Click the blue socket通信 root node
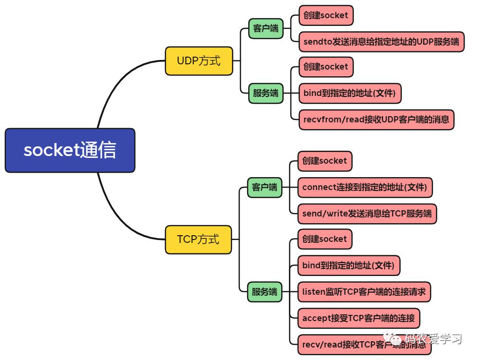[70, 150]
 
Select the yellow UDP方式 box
[199, 61]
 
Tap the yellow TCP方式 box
[198, 240]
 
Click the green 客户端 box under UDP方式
[265, 28]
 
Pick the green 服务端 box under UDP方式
[265, 93]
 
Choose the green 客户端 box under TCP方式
[264, 187]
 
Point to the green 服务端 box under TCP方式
[264, 292]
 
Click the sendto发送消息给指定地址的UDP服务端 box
[382, 41]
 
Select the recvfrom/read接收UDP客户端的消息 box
[376, 120]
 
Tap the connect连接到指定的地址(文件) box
[365, 187]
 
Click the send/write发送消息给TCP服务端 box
[367, 214]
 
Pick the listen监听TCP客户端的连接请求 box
[364, 292]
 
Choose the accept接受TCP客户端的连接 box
[358, 318]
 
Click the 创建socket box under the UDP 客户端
[326, 15]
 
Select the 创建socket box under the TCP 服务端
[324, 239]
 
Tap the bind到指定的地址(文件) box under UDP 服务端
[350, 93]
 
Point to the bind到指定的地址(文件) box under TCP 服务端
[348, 265]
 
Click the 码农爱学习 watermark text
[433, 339]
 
